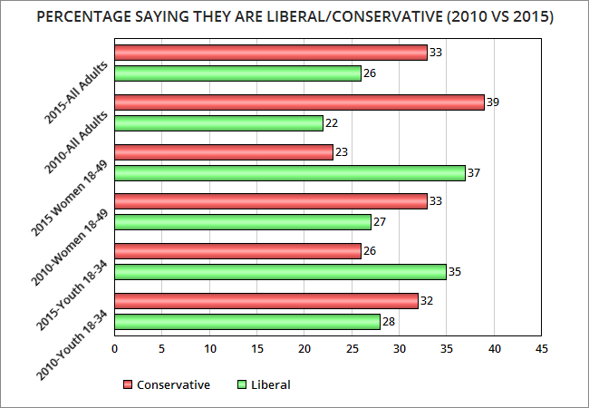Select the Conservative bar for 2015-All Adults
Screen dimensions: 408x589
pos(271,53)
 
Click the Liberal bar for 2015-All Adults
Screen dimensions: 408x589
pos(237,73)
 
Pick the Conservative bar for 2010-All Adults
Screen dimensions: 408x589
pos(299,102)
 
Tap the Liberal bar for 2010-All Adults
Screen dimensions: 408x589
pos(218,123)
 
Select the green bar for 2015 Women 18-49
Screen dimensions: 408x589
pos(290,173)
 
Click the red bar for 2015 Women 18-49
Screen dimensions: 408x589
pos(224,152)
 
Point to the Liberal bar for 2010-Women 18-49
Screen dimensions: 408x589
pos(243,222)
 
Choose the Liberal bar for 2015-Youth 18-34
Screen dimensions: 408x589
pos(280,271)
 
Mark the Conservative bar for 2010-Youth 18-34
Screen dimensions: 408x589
pos(266,300)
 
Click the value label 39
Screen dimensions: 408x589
pos(492,102)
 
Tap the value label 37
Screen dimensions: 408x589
pos(473,173)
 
